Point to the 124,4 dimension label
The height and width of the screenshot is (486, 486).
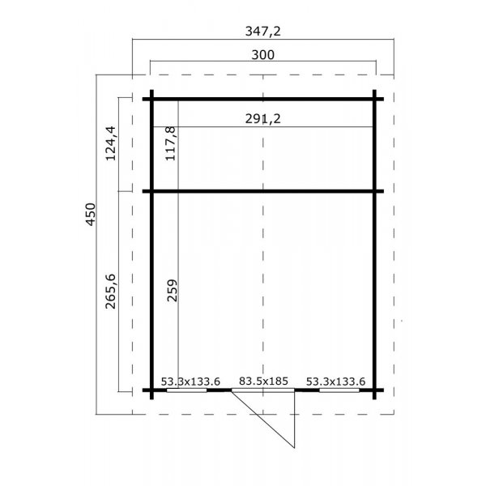111,143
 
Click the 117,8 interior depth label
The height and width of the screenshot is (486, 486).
170,143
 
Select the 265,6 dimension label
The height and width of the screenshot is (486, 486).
111,288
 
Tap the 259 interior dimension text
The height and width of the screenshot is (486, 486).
170,291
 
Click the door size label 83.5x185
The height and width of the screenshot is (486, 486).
263,380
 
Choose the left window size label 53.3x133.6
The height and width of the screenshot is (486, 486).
190,380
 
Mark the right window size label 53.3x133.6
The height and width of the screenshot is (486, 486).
336,380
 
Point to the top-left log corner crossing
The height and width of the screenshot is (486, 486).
151,100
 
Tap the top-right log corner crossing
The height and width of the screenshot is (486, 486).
375,100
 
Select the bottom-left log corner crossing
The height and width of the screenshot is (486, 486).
151,390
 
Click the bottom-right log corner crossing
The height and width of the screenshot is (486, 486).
375,390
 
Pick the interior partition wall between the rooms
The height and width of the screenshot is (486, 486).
262,192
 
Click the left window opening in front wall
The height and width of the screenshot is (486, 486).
191,390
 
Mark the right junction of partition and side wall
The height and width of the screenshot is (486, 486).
375,192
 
